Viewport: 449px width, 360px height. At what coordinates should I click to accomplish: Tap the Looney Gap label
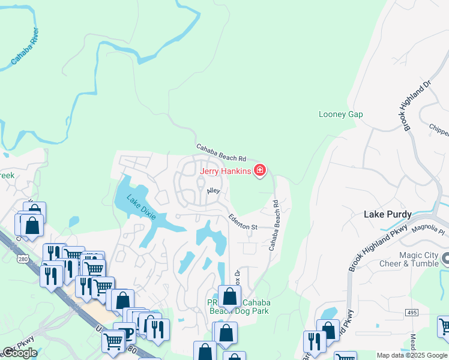[x=341, y=114]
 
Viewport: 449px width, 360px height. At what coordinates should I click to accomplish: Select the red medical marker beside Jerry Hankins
[x=260, y=172]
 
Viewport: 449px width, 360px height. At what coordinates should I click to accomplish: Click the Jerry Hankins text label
[x=225, y=172]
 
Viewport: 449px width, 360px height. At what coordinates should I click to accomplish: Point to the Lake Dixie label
[x=140, y=206]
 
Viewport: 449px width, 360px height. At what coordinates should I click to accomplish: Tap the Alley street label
[x=214, y=191]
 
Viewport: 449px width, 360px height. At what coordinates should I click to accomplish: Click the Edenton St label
[x=243, y=223]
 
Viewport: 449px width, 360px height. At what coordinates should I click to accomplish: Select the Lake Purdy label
[x=388, y=214]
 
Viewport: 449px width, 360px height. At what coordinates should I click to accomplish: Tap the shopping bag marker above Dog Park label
[x=229, y=296]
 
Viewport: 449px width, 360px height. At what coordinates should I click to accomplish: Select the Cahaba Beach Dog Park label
[x=239, y=306]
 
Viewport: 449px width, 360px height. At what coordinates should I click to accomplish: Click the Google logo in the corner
[x=19, y=353]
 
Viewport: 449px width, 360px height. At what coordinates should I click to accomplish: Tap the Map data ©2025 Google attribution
[x=412, y=355]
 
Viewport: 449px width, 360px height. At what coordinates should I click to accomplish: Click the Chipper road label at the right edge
[x=439, y=127]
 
